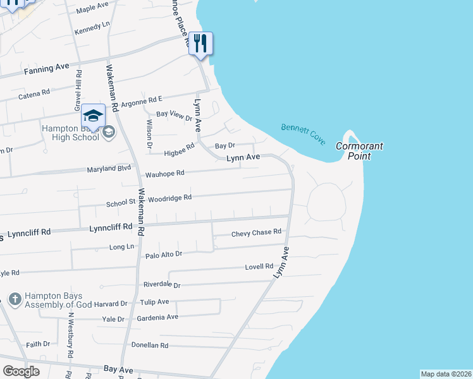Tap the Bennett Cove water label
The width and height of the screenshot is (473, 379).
tap(304, 133)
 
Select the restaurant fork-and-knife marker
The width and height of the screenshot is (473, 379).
tap(200, 44)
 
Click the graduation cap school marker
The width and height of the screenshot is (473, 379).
tap(93, 116)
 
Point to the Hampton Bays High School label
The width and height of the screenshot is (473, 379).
tap(70, 132)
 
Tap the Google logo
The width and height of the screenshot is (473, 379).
tap(21, 371)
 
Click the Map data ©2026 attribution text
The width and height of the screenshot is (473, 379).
tap(446, 374)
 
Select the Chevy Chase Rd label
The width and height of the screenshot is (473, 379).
tap(256, 232)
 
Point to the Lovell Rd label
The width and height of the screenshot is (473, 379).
tap(260, 267)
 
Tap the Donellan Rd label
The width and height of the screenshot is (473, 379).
tap(149, 346)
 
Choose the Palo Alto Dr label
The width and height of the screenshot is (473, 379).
tap(164, 254)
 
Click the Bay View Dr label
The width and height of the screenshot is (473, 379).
tap(174, 116)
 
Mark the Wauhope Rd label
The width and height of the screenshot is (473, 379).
tap(164, 173)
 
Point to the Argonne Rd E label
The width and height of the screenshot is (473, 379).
tap(142, 100)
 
